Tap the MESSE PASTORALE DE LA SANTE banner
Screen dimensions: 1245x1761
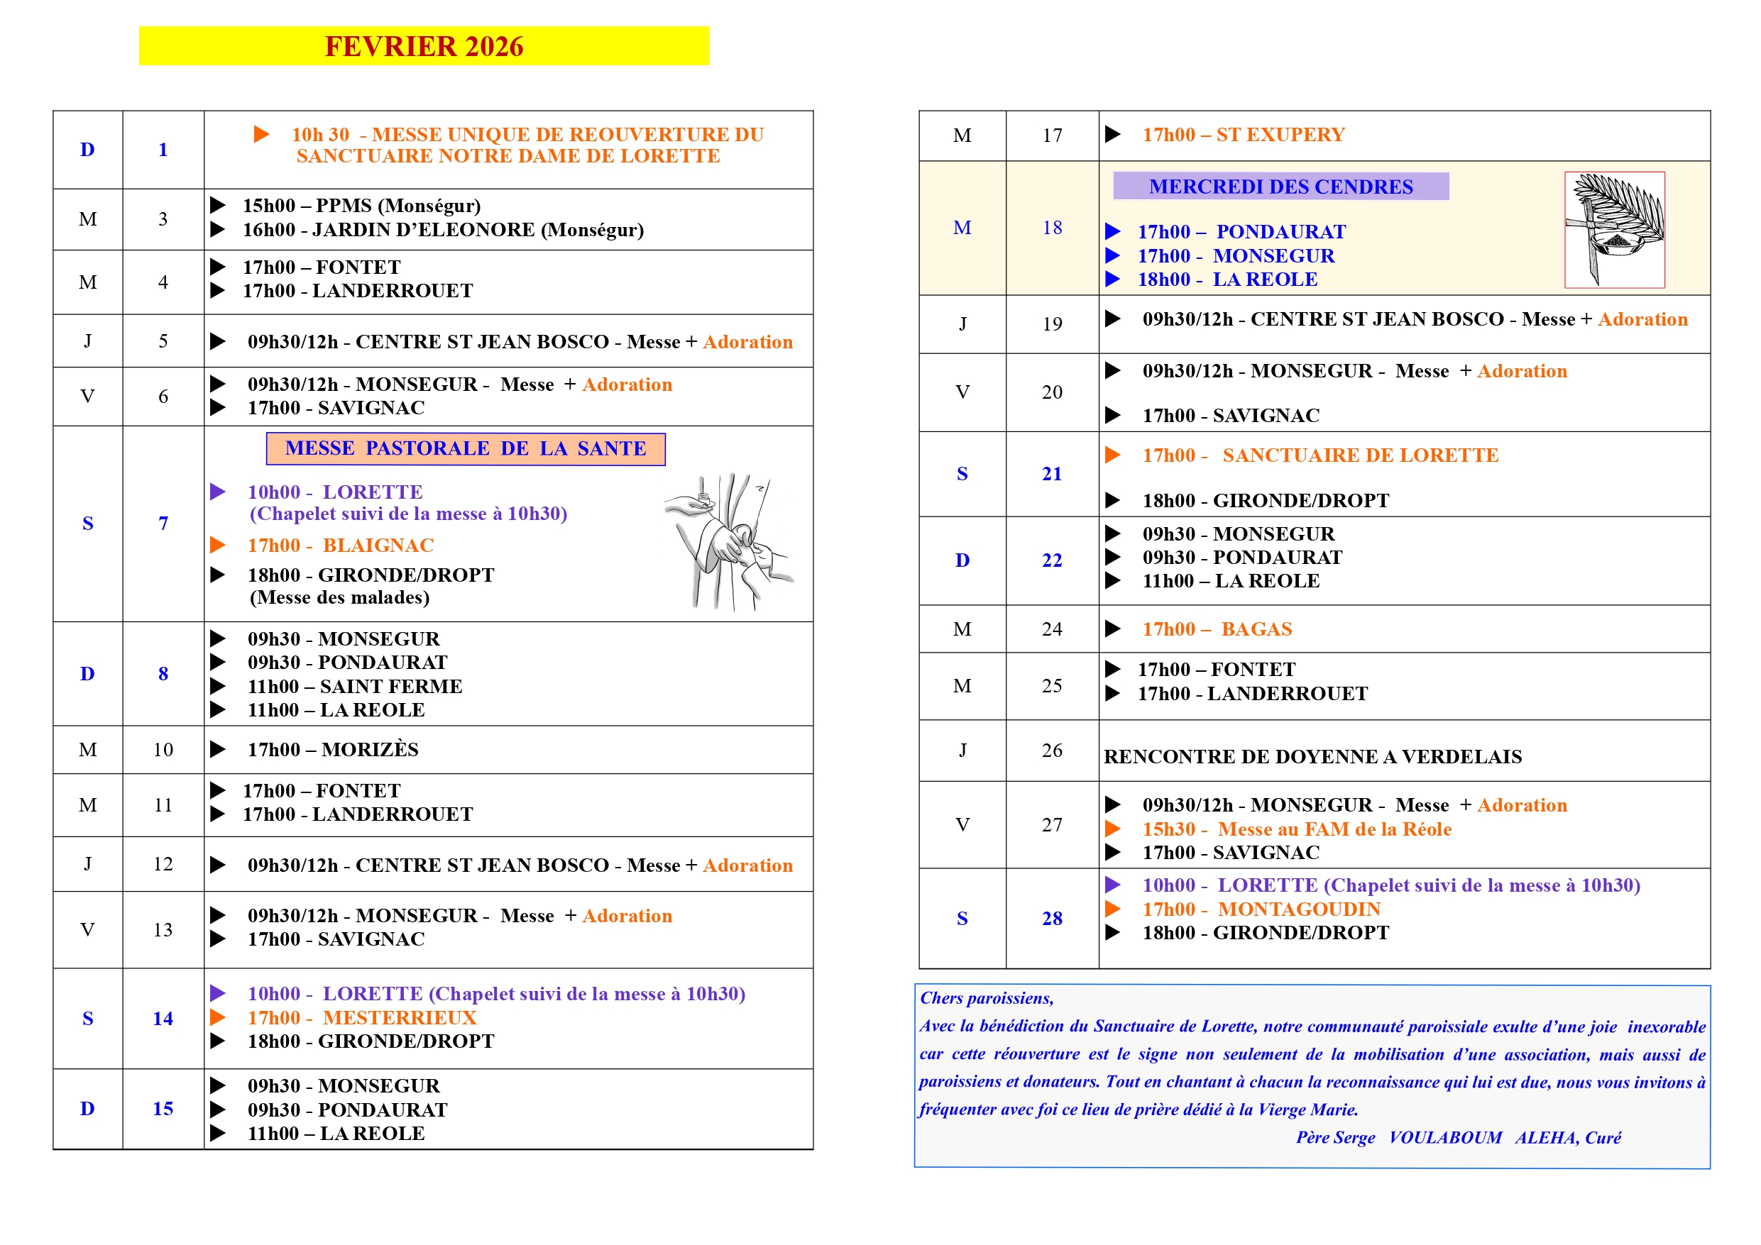pyautogui.click(x=465, y=448)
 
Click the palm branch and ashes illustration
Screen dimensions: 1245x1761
pyautogui.click(x=1614, y=229)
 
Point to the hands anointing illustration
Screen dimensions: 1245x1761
pyautogui.click(x=729, y=541)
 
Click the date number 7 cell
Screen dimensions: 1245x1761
pyautogui.click(x=163, y=524)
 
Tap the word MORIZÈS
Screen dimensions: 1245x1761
pyautogui.click(x=370, y=750)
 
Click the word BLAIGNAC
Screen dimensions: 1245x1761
pyautogui.click(x=378, y=545)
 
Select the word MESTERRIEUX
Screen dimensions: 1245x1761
pyautogui.click(x=400, y=1017)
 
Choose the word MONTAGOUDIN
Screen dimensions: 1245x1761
pyautogui.click(x=1298, y=909)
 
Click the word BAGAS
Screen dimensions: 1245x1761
pyautogui.click(x=1256, y=629)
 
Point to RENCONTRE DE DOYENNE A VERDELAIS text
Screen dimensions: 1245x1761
pyautogui.click(x=1312, y=757)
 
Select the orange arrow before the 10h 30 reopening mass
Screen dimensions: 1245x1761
pyautogui.click(x=261, y=134)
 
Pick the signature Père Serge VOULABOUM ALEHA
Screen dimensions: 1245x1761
pyautogui.click(x=1457, y=1138)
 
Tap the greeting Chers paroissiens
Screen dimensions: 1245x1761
pyautogui.click(x=987, y=998)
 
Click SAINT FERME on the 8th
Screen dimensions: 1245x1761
pyautogui.click(x=391, y=687)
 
